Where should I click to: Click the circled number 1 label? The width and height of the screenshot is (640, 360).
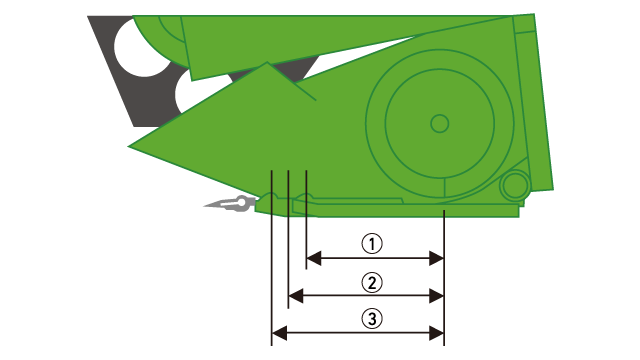point(372,244)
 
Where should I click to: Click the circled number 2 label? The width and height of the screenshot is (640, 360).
point(372,282)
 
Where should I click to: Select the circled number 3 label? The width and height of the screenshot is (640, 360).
point(372,318)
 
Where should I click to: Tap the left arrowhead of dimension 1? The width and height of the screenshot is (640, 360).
point(313,258)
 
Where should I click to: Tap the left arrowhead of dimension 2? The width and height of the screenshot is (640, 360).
point(296,296)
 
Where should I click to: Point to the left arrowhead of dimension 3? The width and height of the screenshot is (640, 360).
point(279,333)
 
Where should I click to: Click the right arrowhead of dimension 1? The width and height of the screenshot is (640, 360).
point(436,258)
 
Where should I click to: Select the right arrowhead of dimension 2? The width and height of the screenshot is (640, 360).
point(436,296)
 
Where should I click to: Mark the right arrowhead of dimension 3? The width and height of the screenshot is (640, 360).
point(436,333)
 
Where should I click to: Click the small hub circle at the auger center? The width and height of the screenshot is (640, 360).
point(440,123)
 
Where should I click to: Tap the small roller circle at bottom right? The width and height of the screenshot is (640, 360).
point(515,185)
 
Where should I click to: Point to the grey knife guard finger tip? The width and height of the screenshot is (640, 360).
point(205,206)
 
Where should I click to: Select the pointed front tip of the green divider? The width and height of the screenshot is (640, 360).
point(129,147)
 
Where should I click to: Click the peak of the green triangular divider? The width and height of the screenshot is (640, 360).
point(267,62)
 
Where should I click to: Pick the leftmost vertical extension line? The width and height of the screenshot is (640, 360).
point(271,258)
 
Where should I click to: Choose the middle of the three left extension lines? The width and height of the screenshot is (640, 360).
point(288,239)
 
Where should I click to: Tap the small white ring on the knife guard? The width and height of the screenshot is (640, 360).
point(241,202)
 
